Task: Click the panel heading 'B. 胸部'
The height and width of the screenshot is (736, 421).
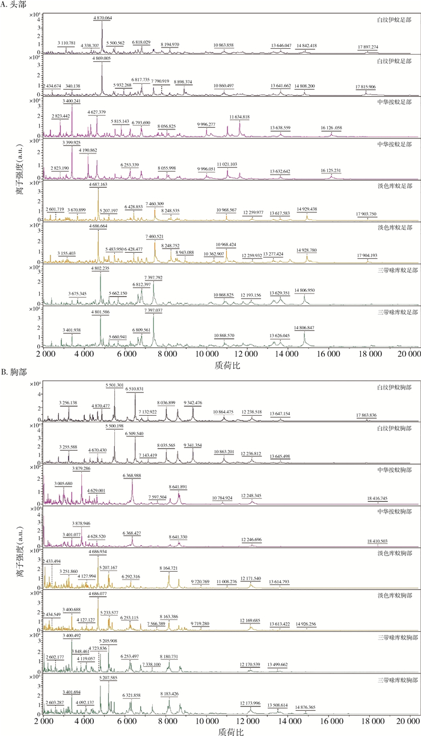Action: click(x=14, y=373)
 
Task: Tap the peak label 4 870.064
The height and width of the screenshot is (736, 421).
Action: click(x=102, y=18)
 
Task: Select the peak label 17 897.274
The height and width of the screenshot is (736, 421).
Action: click(x=367, y=46)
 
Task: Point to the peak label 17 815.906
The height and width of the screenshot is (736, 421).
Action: click(x=365, y=87)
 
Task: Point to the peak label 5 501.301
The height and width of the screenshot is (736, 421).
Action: click(x=114, y=385)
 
